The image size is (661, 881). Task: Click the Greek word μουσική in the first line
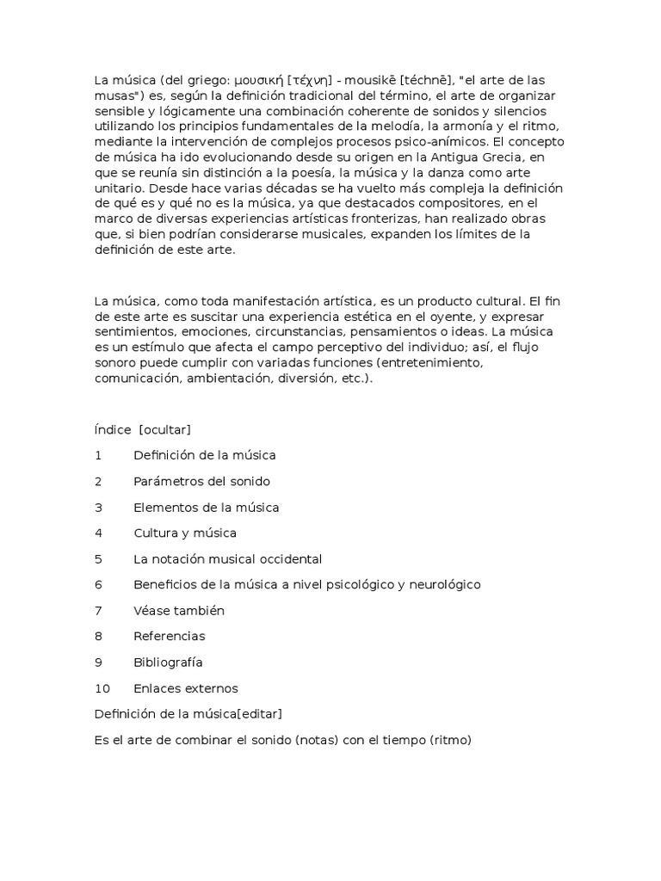pos(258,81)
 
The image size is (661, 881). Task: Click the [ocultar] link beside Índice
pos(164,429)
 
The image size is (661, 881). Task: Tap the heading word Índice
pos(113,429)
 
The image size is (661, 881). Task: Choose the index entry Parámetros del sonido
pos(201,481)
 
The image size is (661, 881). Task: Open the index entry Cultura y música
pos(185,533)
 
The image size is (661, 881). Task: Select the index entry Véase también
pos(179,611)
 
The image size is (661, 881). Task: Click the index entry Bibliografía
pos(168,662)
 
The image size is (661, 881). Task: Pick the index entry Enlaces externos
pos(186,688)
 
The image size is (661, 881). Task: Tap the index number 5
pos(99,559)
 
